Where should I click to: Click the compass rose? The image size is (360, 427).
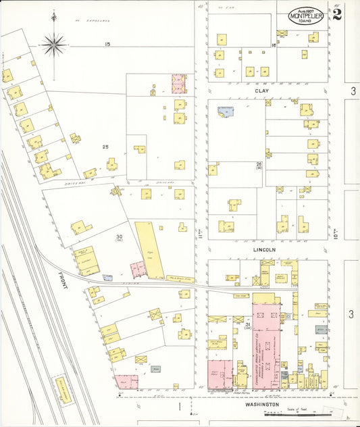(x=53, y=45)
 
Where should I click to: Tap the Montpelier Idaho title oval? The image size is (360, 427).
(x=306, y=16)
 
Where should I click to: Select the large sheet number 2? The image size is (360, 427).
(x=336, y=15)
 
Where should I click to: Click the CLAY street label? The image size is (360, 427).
(x=262, y=91)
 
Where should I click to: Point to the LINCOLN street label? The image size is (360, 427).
(x=265, y=249)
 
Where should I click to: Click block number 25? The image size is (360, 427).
(x=105, y=147)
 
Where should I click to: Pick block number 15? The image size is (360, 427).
(x=107, y=45)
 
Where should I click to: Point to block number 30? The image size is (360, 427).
(x=119, y=236)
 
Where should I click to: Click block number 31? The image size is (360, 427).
(x=248, y=325)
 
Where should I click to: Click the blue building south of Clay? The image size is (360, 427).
(x=225, y=111)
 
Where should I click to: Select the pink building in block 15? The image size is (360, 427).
(x=179, y=83)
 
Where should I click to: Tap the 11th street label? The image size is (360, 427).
(x=201, y=233)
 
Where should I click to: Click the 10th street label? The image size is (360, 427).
(x=335, y=234)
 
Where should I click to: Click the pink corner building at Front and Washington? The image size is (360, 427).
(x=122, y=383)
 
